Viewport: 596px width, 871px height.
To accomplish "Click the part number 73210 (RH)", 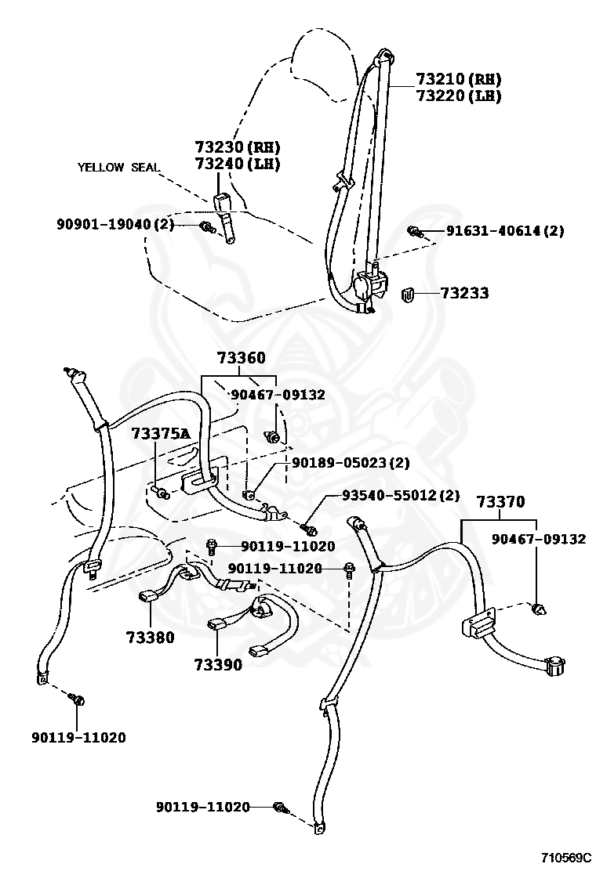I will (458, 80).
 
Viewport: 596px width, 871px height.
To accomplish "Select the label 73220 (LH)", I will (458, 96).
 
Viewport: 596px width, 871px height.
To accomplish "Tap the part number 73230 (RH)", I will (237, 147).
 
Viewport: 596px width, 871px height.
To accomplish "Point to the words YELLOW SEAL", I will (118, 167).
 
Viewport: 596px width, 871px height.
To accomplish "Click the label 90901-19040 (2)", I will (115, 224).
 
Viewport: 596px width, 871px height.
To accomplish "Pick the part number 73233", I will (464, 294).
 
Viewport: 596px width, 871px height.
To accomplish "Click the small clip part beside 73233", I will (408, 295).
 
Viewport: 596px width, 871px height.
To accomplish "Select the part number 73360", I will (241, 359).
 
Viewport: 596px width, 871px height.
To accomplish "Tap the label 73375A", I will (160, 433).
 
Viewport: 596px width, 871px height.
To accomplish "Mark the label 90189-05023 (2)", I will (351, 463).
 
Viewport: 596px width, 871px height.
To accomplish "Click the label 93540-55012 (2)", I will (400, 496).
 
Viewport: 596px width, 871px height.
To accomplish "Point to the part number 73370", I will (501, 502).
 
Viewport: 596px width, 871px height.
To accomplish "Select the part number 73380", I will (150, 637).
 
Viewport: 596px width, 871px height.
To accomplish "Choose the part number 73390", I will (218, 665).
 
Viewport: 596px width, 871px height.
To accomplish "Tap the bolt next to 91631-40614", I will (413, 230).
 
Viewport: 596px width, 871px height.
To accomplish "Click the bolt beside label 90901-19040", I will (207, 227).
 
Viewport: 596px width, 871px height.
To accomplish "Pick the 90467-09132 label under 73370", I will (539, 540).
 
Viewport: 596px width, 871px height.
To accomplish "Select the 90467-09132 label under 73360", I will (278, 395).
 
